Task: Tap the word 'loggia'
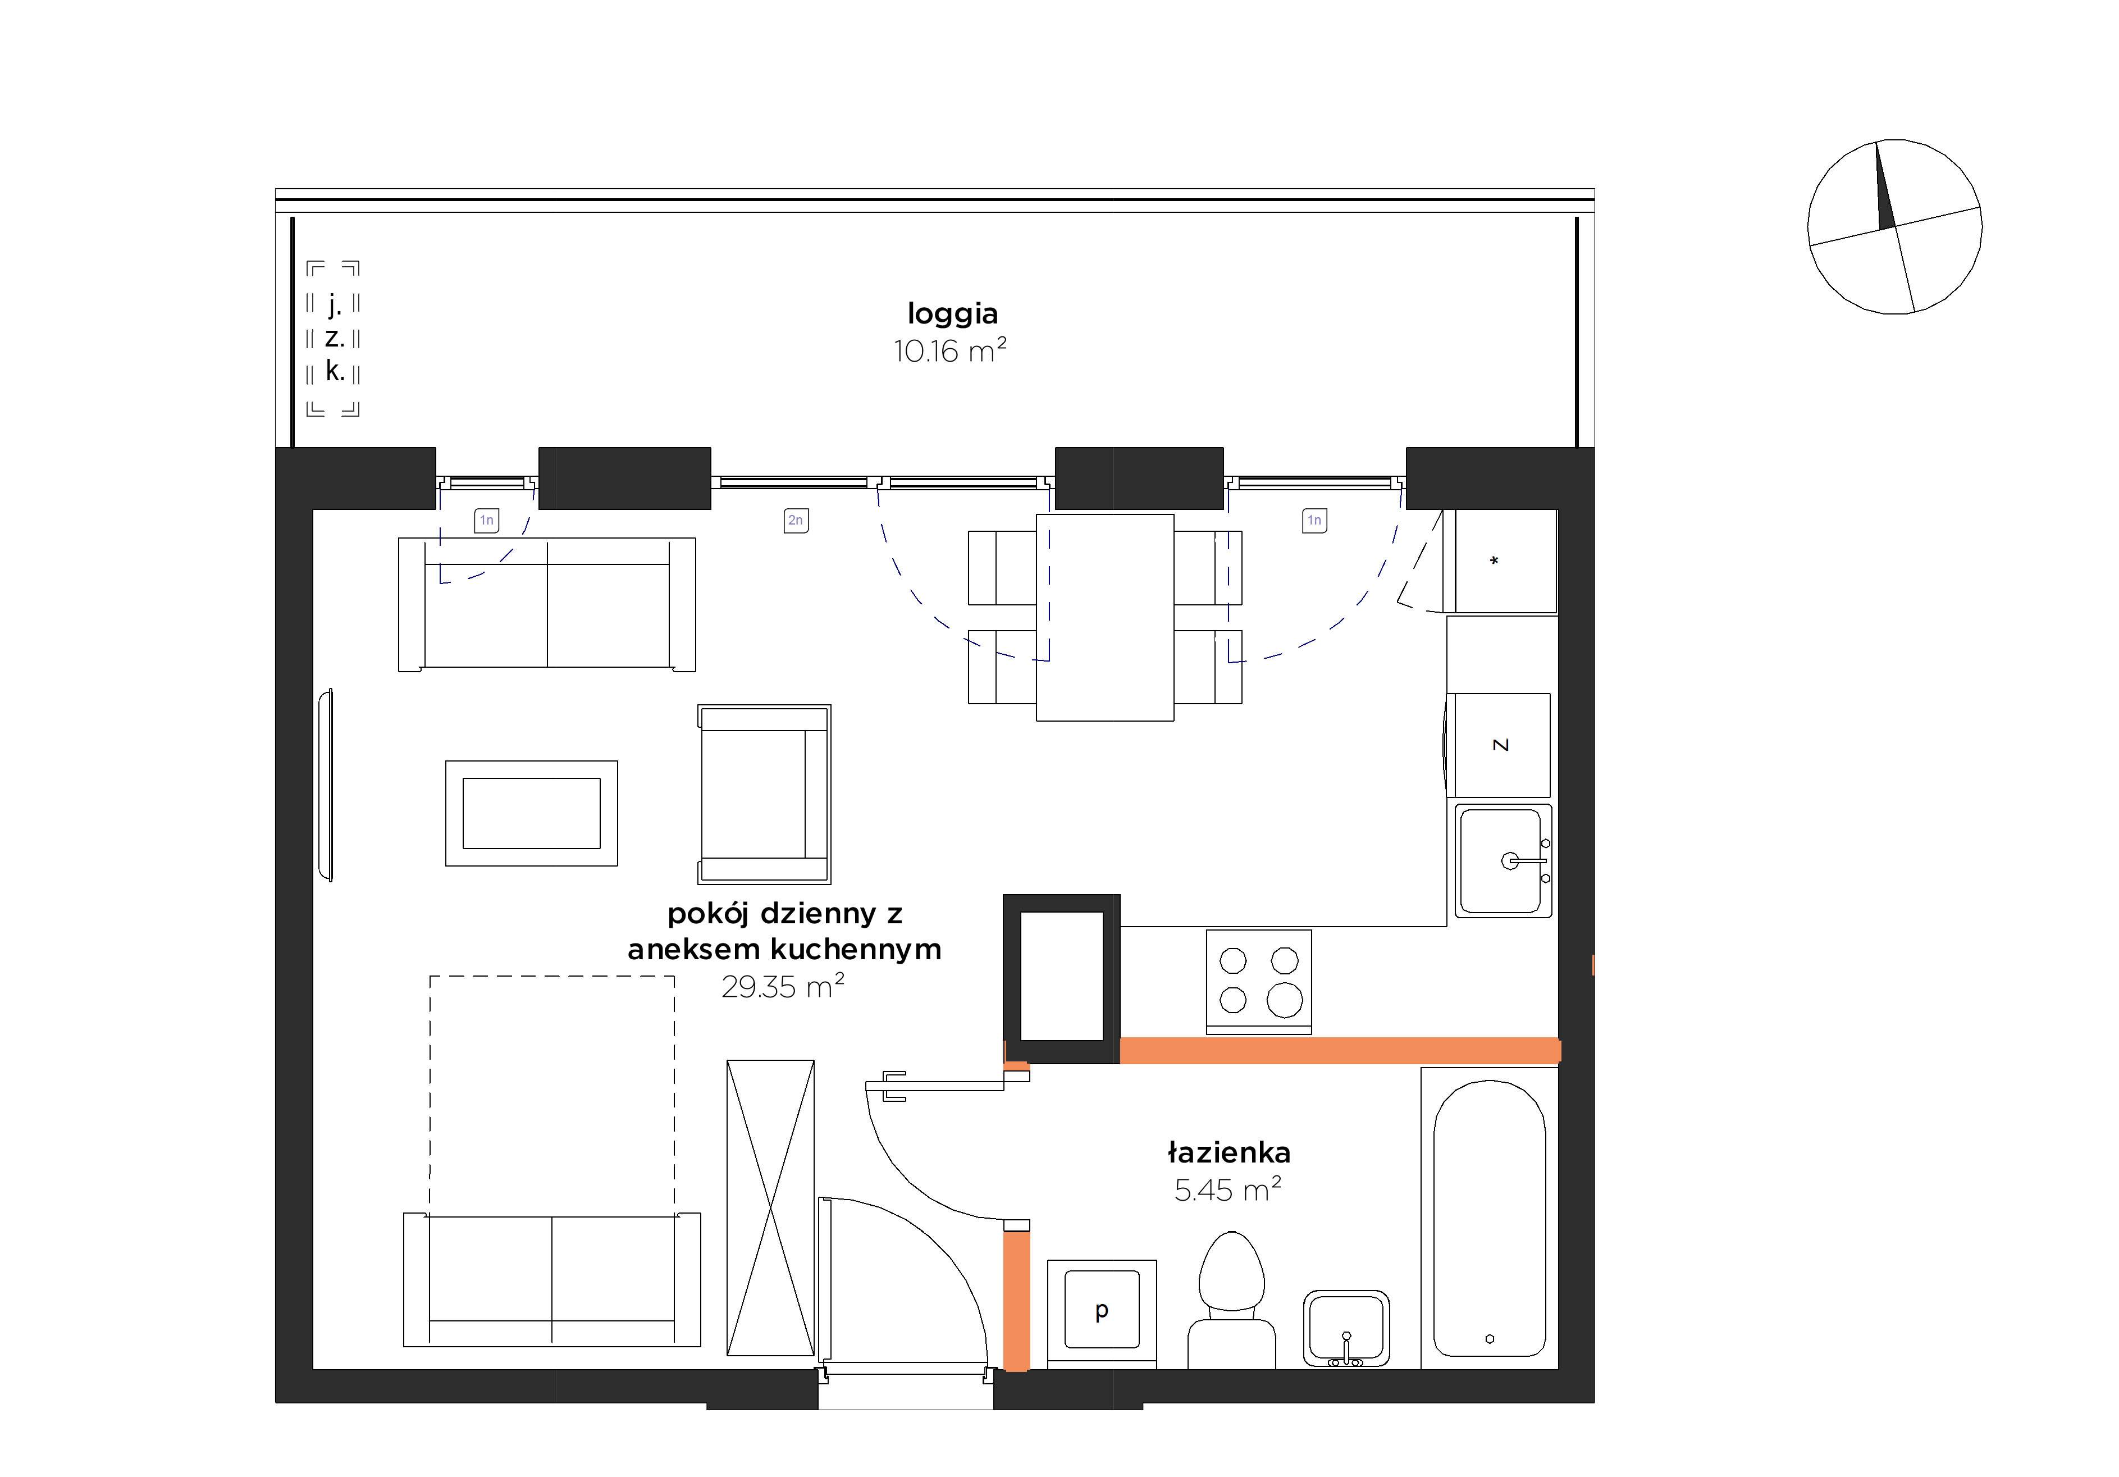tap(952, 314)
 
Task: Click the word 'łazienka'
tap(1229, 1152)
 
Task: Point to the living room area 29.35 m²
tap(783, 987)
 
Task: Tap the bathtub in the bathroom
tap(1490, 1219)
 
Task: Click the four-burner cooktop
tap(1259, 981)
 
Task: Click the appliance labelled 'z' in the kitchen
tap(1499, 745)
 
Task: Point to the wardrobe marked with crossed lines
tap(771, 1207)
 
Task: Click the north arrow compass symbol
tap(1895, 227)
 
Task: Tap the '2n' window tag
tap(796, 521)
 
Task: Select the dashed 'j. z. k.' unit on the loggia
tap(333, 339)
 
